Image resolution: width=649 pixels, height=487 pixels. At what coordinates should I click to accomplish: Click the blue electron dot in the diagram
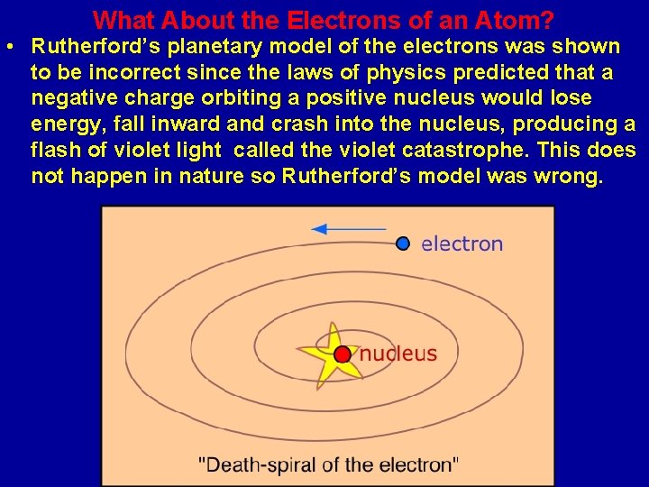click(403, 243)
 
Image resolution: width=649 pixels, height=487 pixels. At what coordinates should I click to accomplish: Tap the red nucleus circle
click(343, 354)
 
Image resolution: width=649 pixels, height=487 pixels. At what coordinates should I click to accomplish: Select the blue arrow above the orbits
click(348, 229)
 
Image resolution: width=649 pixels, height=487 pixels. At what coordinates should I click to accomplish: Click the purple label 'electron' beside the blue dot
click(462, 243)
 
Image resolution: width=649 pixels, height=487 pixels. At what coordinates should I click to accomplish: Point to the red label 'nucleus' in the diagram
click(398, 354)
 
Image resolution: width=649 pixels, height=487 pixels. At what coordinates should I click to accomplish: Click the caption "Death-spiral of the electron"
click(328, 465)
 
